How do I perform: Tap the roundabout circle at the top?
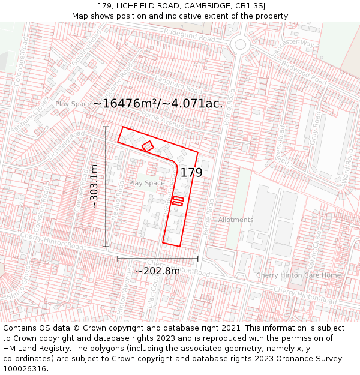pos(241,43)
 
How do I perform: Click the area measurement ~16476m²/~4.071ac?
pos(158,103)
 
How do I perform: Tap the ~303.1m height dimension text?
pos(94,186)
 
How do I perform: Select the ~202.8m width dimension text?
pos(157,271)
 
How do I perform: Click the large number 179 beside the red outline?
pos(191,173)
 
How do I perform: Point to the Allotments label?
pos(236,220)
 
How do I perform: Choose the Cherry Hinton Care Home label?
pos(298,275)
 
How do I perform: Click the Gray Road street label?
pos(314,137)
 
